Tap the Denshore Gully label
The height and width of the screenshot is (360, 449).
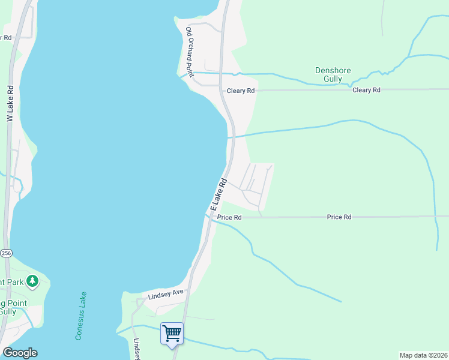point(333,74)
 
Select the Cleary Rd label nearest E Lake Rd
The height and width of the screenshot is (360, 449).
point(241,91)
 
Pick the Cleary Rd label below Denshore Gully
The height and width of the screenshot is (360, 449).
point(367,90)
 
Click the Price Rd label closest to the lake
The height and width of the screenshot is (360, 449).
point(229,217)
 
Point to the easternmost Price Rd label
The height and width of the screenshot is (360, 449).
point(339,217)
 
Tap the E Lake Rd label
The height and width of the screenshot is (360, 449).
point(218,193)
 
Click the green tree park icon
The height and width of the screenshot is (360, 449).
point(32,281)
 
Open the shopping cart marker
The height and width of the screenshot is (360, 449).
point(172,333)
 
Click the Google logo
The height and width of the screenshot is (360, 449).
point(20,353)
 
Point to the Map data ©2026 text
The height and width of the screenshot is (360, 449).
point(423,355)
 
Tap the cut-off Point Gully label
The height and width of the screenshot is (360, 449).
point(12,308)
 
